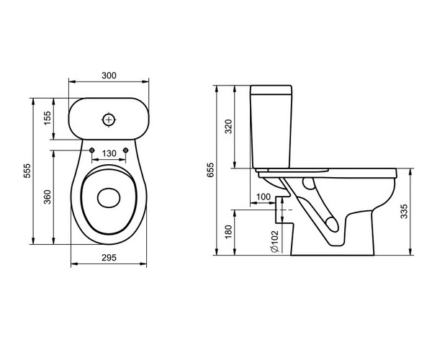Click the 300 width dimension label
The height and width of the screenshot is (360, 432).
[109, 76]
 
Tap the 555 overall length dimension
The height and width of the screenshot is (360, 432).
[27, 171]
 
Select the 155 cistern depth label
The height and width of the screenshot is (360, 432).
[48, 118]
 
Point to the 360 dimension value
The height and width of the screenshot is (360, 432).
[48, 197]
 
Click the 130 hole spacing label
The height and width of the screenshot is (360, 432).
[109, 153]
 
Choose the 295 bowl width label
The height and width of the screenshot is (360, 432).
[109, 258]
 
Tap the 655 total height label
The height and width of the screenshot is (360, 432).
[210, 170]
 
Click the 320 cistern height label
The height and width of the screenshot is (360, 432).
[228, 127]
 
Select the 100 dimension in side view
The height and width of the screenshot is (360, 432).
[264, 197]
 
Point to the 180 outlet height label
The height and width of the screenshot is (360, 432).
[228, 232]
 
